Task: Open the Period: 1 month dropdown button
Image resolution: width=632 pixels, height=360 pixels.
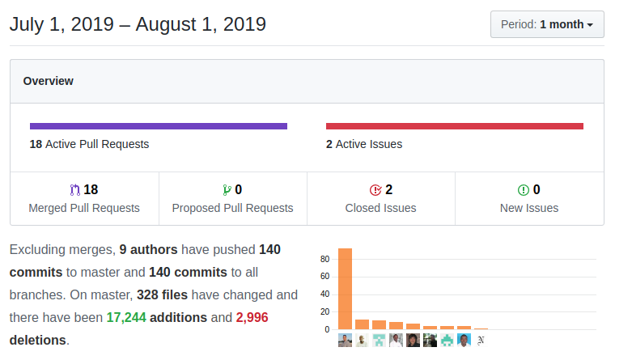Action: [547, 24]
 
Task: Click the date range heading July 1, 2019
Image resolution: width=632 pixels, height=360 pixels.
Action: [138, 24]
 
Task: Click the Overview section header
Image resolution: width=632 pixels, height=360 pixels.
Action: [48, 81]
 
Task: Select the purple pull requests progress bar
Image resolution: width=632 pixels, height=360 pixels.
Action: [159, 126]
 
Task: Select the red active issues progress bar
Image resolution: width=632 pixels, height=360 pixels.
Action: [454, 126]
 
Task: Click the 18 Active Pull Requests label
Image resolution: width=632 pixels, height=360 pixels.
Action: [89, 144]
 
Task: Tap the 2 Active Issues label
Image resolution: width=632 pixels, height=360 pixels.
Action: [363, 144]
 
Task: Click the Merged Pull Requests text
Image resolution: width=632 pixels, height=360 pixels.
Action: [84, 208]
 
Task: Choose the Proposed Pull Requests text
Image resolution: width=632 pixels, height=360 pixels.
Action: [232, 208]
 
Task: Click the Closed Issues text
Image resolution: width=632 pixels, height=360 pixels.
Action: [380, 208]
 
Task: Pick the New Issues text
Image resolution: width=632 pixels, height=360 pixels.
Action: [529, 208]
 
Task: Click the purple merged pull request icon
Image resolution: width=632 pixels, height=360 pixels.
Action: [75, 190]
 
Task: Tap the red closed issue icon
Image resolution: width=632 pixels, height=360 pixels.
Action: [375, 190]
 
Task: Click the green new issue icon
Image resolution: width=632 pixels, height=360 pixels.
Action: [524, 190]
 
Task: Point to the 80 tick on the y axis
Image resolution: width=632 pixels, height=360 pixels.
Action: [324, 259]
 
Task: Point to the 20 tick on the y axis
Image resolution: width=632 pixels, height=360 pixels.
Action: [324, 312]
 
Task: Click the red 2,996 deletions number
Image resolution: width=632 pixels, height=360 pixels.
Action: [252, 317]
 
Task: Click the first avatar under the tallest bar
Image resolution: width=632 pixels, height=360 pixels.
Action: [345, 341]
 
